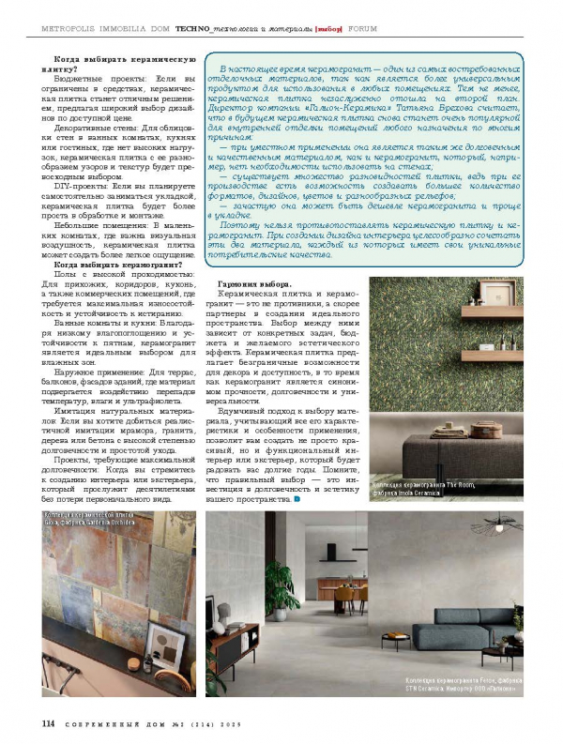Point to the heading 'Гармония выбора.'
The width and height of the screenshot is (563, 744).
coord(254,284)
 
